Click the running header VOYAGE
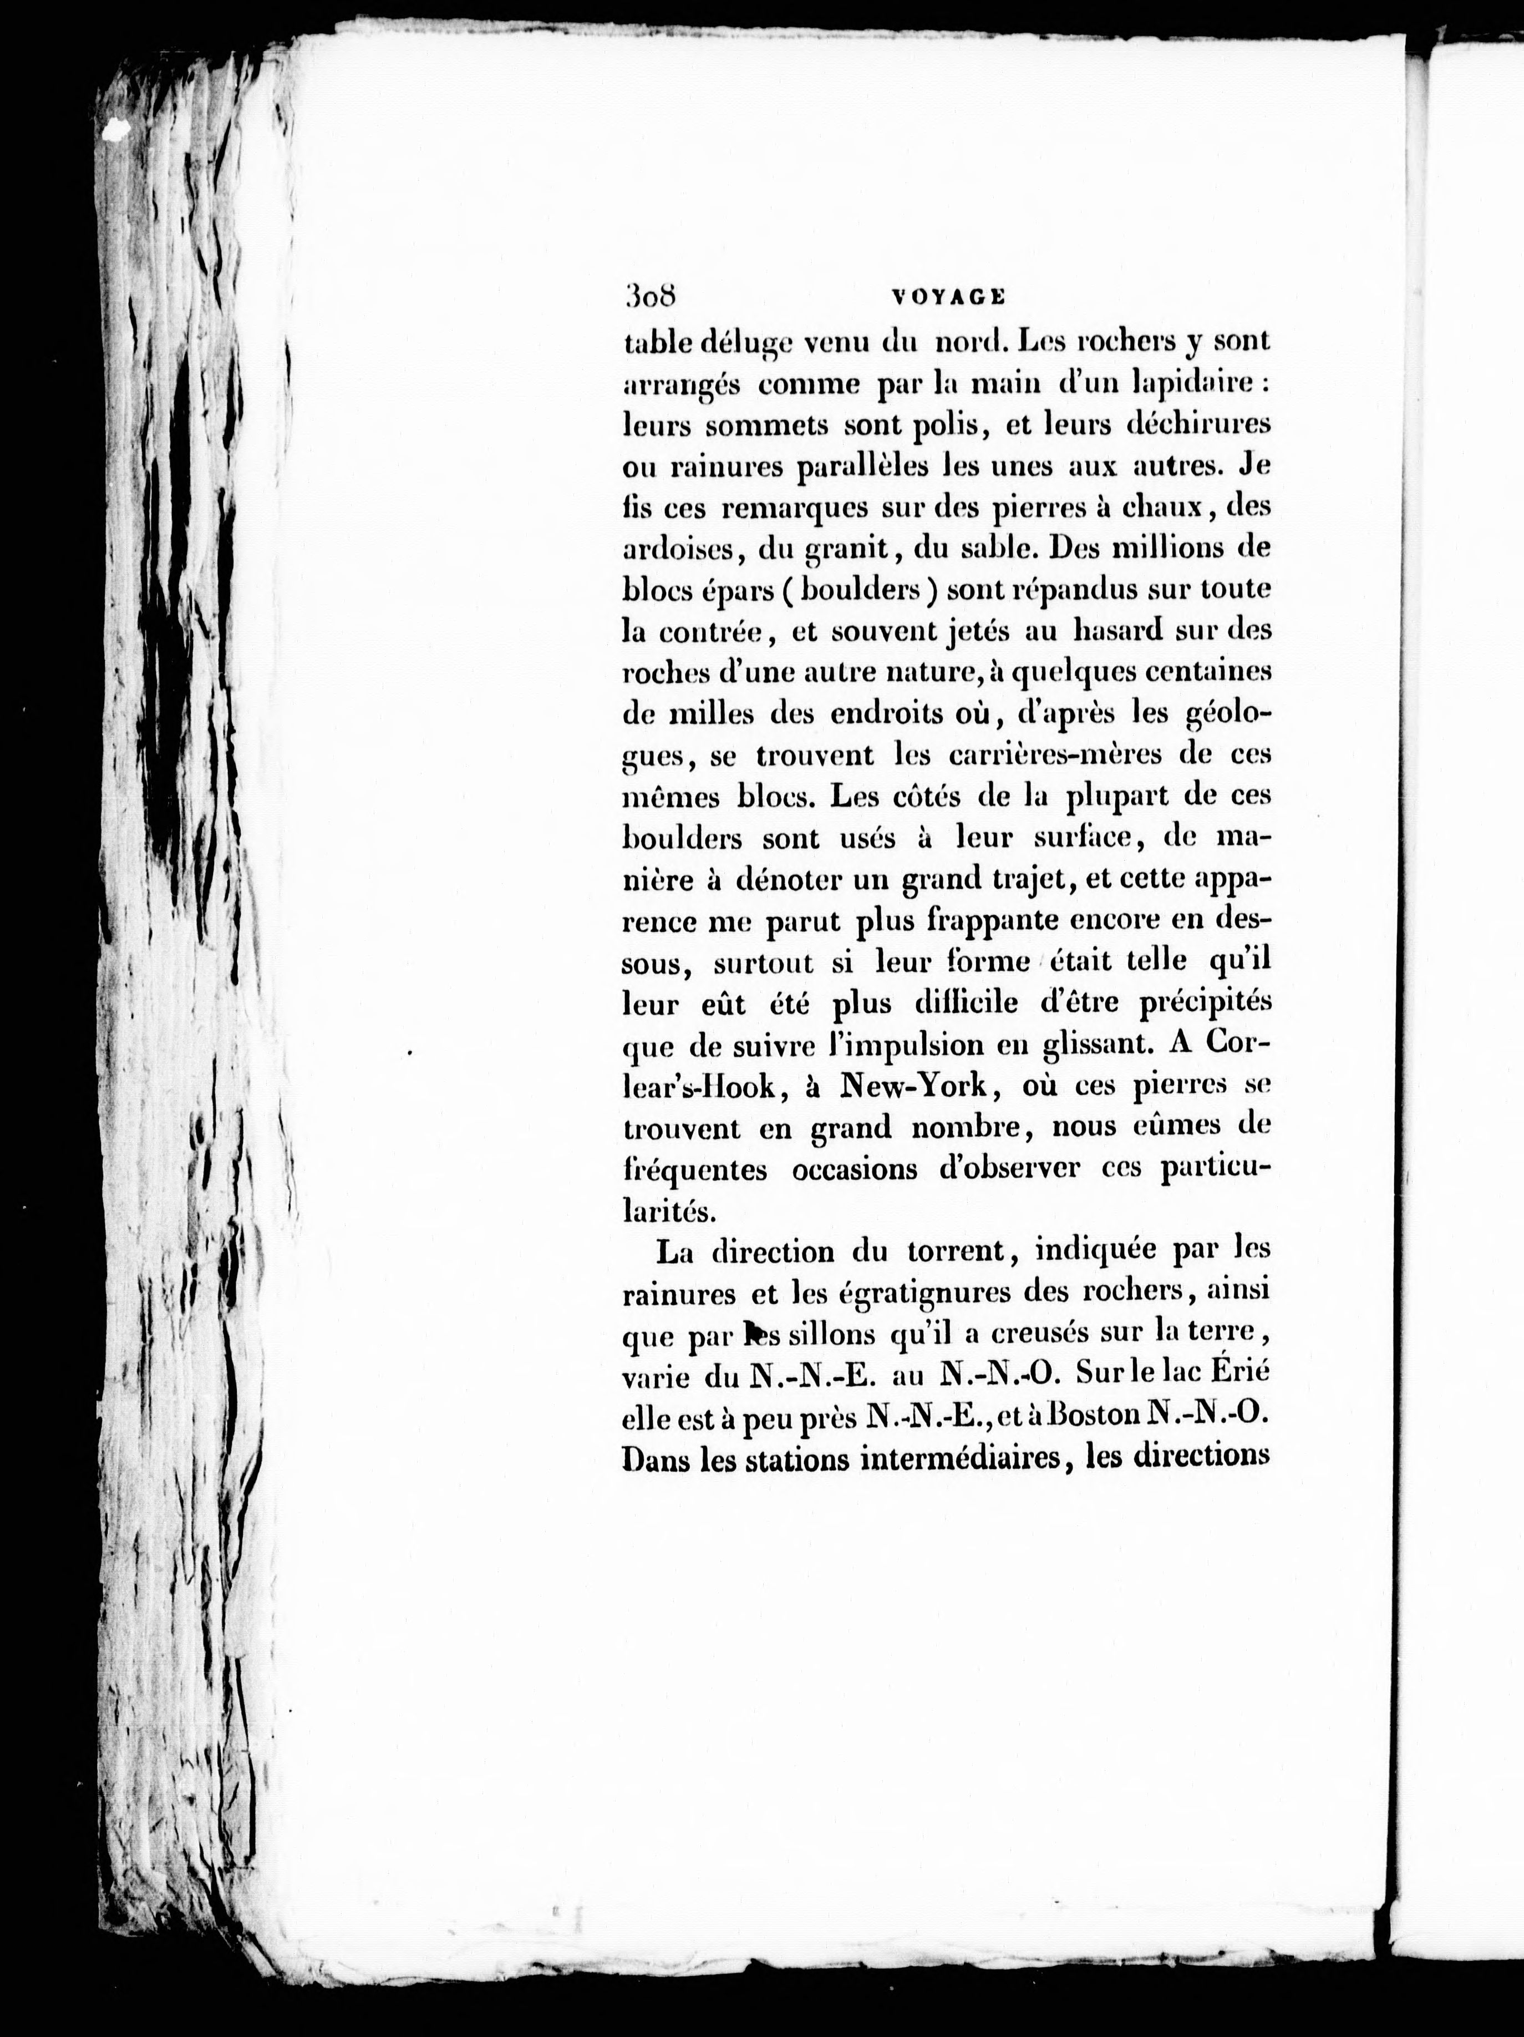948,297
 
